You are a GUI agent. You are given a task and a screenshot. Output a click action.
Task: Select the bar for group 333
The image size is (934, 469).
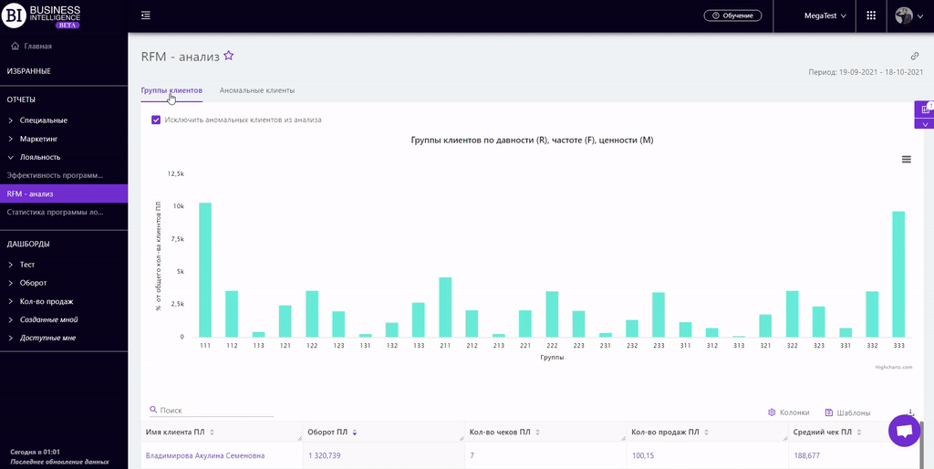(898, 274)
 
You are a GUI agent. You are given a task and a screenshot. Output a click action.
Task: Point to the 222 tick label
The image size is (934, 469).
(552, 347)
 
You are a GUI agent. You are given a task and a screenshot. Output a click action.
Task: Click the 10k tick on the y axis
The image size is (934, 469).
(178, 206)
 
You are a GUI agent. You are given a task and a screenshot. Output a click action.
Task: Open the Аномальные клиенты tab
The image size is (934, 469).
(257, 91)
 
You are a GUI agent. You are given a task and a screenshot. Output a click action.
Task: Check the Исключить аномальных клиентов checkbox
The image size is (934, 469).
(156, 120)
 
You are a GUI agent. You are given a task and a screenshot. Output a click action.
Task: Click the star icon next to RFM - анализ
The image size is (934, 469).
(229, 56)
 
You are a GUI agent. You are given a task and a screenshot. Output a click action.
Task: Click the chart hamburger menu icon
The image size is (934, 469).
(906, 159)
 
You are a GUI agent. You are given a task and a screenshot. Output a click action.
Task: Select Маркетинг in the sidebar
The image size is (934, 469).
(38, 139)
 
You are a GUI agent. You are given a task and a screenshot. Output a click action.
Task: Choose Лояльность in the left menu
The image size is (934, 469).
(40, 157)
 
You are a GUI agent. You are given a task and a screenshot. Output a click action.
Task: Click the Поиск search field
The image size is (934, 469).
(215, 412)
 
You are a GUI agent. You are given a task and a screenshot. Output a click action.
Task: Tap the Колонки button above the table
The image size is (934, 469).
(789, 412)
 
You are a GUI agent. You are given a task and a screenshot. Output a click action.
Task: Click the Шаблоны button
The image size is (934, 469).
(847, 412)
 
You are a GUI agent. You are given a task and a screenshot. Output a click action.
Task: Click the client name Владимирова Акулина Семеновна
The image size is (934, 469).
(205, 455)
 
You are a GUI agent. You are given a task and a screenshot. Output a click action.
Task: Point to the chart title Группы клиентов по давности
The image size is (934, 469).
(533, 141)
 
